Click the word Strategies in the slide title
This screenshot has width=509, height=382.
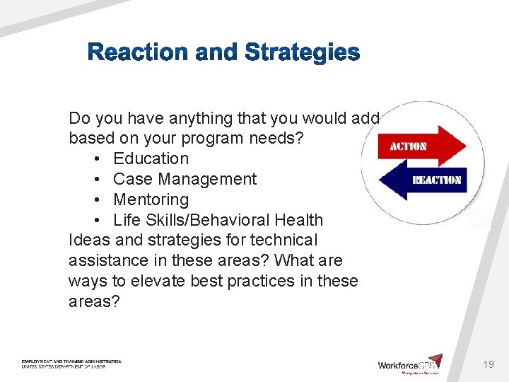click(302, 52)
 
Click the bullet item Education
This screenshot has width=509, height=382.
click(151, 158)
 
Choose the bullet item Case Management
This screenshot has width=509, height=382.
click(185, 179)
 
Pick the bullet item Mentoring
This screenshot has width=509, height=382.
click(151, 199)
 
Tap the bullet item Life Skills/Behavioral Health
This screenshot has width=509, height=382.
click(218, 220)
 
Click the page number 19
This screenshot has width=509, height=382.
click(488, 364)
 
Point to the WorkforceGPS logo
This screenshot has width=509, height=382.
click(409, 364)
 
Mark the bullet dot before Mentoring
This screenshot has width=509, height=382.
click(95, 199)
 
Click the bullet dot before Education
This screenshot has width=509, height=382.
click(95, 158)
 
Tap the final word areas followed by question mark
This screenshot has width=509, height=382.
click(94, 302)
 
